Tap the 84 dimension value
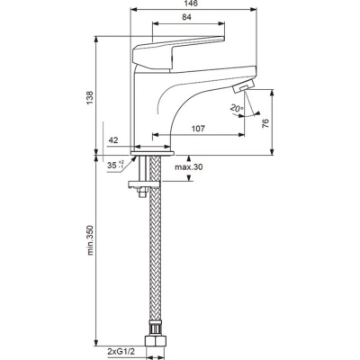[x=186, y=17]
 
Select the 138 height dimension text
[x=90, y=97]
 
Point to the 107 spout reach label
[x=198, y=129]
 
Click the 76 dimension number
[x=265, y=123]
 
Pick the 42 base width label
[x=113, y=140]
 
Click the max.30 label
[x=189, y=167]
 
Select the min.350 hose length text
[x=90, y=240]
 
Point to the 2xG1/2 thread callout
[x=121, y=351]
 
